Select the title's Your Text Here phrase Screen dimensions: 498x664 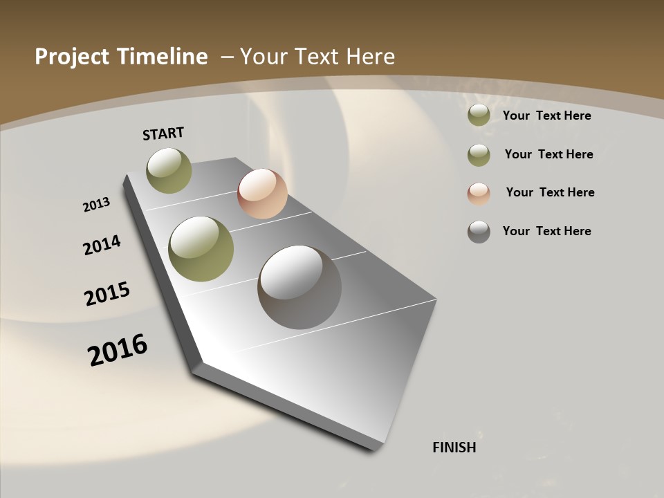point(317,57)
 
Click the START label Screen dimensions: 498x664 point(163,133)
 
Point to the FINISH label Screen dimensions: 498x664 point(454,448)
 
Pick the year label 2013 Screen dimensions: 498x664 point(97,205)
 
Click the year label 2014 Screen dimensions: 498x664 point(102,246)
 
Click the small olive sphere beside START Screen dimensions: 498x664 point(169,170)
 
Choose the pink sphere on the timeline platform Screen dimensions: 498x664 point(262,194)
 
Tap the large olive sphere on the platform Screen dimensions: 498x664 point(201,249)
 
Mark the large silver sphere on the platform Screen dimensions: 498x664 point(299,287)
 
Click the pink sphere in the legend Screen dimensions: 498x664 point(479,194)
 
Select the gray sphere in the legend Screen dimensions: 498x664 point(479,232)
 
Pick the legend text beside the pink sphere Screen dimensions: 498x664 point(550,192)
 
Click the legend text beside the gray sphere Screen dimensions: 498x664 point(547,231)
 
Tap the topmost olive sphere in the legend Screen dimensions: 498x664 point(479,116)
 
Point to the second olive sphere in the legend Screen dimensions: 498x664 point(479,155)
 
